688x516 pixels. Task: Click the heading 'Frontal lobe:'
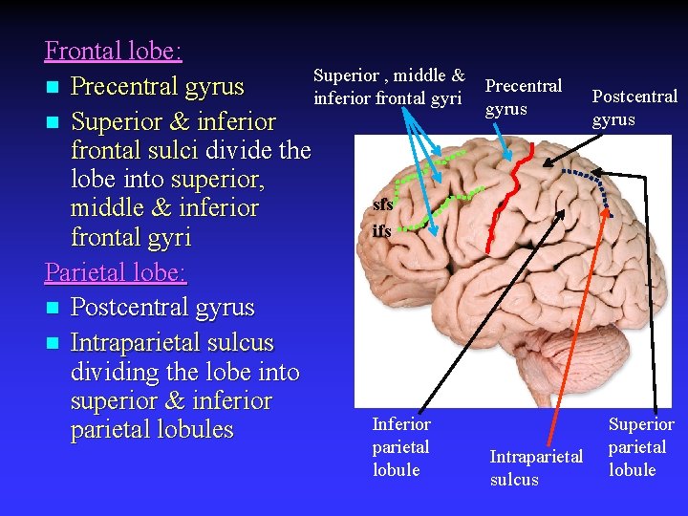coord(114,51)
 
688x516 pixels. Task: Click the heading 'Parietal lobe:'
coord(116,272)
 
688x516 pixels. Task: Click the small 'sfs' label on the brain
coord(382,204)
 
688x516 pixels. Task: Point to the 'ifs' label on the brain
coord(381,230)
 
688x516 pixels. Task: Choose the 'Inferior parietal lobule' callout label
coord(400,446)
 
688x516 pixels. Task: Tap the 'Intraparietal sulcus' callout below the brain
coord(536,467)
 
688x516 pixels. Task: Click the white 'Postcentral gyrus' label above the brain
coord(634,108)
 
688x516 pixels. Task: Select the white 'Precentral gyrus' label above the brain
coord(523,97)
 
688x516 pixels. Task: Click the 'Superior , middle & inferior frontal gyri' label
coord(389,86)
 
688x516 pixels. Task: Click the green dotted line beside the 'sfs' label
coord(420,200)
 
